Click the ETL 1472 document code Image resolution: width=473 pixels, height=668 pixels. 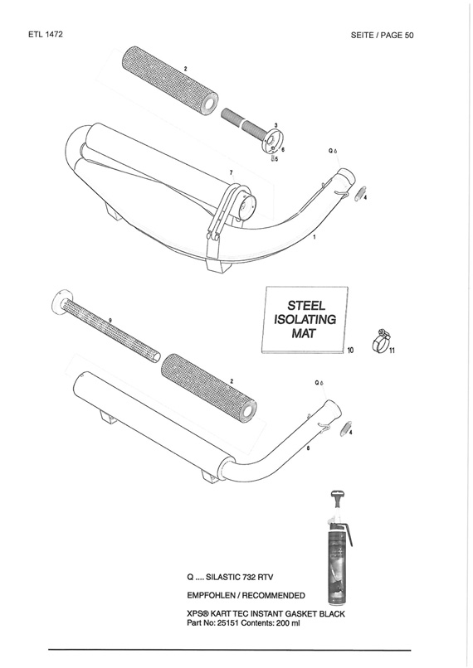coord(46,35)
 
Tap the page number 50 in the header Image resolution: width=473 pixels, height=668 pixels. coord(408,36)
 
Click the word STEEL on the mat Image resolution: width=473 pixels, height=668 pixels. coord(306,305)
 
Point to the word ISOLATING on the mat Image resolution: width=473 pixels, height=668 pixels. coord(305,319)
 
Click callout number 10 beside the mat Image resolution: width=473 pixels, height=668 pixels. coord(350,351)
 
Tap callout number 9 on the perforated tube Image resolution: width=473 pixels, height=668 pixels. coord(110,320)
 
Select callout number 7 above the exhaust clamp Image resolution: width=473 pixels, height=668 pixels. coord(232,172)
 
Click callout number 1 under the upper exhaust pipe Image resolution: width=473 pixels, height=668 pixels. coord(315,237)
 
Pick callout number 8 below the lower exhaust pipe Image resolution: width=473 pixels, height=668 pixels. coord(308,448)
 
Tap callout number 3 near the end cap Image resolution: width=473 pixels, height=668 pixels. coord(276,125)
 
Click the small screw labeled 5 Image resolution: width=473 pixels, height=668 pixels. coord(272,158)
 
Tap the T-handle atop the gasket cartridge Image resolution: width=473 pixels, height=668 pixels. coord(338,497)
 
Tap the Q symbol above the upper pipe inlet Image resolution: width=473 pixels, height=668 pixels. coord(330,150)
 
